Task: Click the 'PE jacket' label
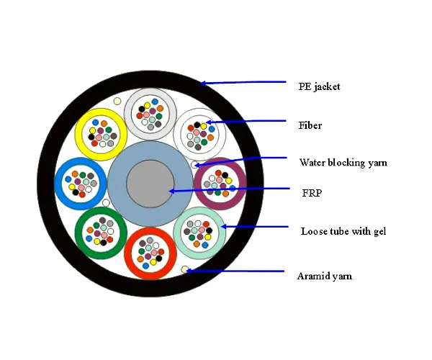[319, 87]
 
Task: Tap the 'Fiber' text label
[310, 125]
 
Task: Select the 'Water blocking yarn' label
[343, 163]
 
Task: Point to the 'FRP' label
[312, 193]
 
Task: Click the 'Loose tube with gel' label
[343, 231]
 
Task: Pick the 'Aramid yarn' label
[325, 276]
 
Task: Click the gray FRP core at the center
[150, 184]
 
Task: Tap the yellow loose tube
[79, 134]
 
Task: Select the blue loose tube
[58, 184]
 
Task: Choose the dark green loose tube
[79, 233]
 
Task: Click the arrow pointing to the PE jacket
[243, 82]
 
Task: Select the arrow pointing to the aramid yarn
[235, 271]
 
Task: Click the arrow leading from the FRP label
[229, 190]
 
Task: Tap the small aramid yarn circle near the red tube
[185, 269]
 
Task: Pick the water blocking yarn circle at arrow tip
[194, 165]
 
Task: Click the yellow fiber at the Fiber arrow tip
[204, 126]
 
